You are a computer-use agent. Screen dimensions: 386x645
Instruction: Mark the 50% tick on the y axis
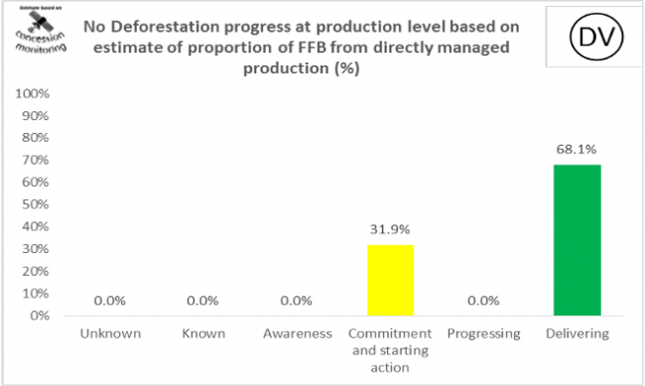[37, 204]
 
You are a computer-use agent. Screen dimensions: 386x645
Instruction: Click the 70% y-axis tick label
[37, 161]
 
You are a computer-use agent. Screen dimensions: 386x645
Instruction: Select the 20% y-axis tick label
[37, 271]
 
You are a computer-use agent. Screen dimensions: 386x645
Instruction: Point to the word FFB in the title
[354, 48]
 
